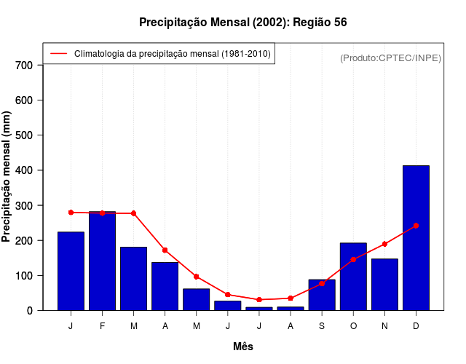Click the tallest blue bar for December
pyautogui.click(x=416, y=238)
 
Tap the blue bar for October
pyautogui.click(x=353, y=277)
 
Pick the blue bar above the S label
pyautogui.click(x=322, y=295)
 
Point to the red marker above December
pyautogui.click(x=416, y=226)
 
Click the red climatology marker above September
pyautogui.click(x=322, y=283)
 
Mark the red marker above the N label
pyautogui.click(x=384, y=244)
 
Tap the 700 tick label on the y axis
pyautogui.click(x=25, y=65)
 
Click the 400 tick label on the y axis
pyautogui.click(x=25, y=170)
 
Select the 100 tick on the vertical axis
pyautogui.click(x=25, y=275)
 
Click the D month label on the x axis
pyautogui.click(x=416, y=326)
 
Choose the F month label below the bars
pyautogui.click(x=102, y=326)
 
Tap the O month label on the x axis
pyautogui.click(x=353, y=326)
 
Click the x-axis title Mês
pyautogui.click(x=243, y=347)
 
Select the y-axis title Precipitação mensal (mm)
pyautogui.click(x=7, y=176)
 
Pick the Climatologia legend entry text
pyautogui.click(x=173, y=54)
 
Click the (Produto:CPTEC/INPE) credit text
pyautogui.click(x=391, y=58)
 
